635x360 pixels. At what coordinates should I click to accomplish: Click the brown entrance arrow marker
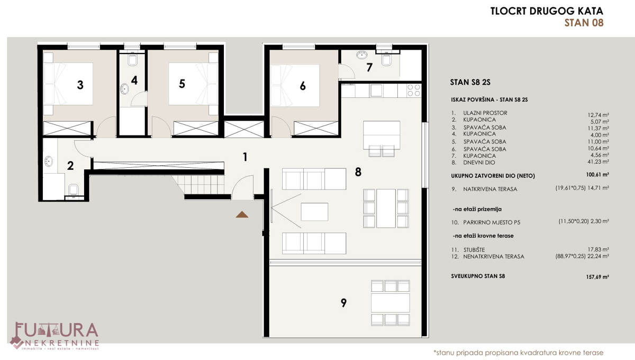tap(242, 215)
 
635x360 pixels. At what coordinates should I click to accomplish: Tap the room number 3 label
tap(80, 85)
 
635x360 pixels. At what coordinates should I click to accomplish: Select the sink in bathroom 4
tap(124, 89)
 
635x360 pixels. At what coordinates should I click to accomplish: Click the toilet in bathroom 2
tap(74, 189)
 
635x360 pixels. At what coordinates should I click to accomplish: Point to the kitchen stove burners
tap(414, 91)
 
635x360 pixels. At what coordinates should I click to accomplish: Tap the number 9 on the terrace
tap(343, 303)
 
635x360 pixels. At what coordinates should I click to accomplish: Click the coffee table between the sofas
tap(314, 212)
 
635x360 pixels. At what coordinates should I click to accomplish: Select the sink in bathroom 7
tap(362, 55)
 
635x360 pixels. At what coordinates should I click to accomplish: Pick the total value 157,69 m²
tap(597, 277)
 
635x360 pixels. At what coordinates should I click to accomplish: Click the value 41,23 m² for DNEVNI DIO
tap(598, 161)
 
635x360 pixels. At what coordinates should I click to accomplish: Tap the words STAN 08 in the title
tap(584, 23)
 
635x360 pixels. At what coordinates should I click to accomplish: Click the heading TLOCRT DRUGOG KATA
tap(547, 11)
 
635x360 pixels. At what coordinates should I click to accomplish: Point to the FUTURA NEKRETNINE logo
tap(54, 336)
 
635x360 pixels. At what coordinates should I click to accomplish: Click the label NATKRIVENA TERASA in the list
tap(490, 189)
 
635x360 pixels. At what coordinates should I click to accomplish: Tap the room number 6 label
tap(303, 86)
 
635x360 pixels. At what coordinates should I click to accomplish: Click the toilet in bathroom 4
tap(132, 60)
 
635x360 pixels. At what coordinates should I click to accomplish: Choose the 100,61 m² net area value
tap(597, 175)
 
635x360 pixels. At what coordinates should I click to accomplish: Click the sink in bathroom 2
tap(49, 161)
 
